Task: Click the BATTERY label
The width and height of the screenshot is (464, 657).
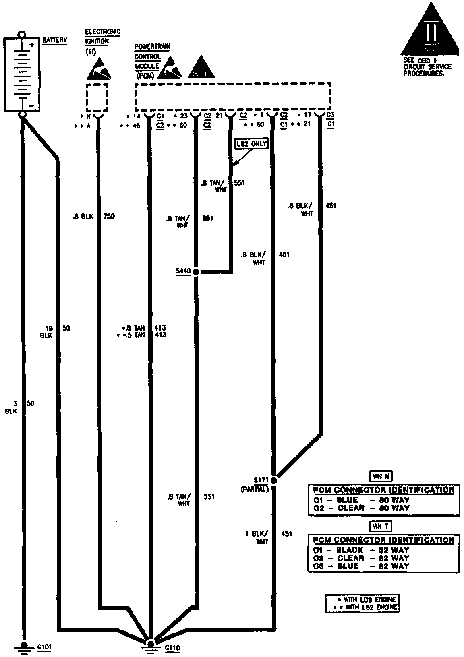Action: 55,40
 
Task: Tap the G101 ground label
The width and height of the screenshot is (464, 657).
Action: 44,647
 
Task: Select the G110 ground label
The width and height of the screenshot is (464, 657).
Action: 172,648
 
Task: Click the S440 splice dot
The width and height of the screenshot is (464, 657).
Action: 196,272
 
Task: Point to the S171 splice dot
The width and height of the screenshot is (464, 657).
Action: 274,480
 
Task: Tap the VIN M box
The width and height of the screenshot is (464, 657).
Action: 381,476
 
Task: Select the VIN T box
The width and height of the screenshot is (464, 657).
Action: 381,526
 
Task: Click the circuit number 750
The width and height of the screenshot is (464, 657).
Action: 109,216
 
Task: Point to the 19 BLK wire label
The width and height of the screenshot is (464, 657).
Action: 47,331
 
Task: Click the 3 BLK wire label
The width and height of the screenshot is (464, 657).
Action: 11,407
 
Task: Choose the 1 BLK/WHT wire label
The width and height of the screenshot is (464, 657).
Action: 258,537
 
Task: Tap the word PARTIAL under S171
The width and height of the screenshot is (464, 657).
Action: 254,489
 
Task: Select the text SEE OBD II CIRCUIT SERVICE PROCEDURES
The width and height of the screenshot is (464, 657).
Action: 427,67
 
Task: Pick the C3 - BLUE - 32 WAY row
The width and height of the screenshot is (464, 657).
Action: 361,566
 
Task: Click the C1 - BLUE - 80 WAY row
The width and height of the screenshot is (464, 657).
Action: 361,500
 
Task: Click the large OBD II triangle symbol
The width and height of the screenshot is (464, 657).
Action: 430,30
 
